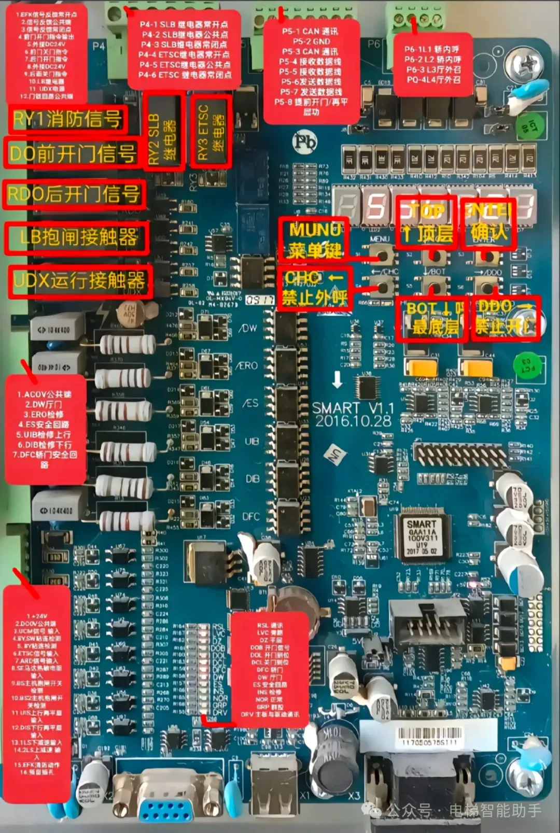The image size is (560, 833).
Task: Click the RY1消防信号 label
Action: coord(67,119)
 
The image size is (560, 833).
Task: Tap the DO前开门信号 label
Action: coord(73,153)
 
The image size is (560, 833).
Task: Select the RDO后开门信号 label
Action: coord(74,194)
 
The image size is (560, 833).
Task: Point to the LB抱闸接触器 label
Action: coord(78,237)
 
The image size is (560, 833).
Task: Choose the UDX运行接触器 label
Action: coord(80,281)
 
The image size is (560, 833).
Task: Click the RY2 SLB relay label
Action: coord(162,132)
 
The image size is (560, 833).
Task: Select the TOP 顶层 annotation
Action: coord(427,222)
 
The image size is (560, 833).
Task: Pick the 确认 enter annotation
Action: coord(488,222)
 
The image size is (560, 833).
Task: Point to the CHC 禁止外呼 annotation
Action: coord(314,289)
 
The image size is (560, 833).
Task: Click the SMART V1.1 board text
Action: coord(353,408)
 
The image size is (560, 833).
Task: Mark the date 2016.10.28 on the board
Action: coord(353,421)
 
